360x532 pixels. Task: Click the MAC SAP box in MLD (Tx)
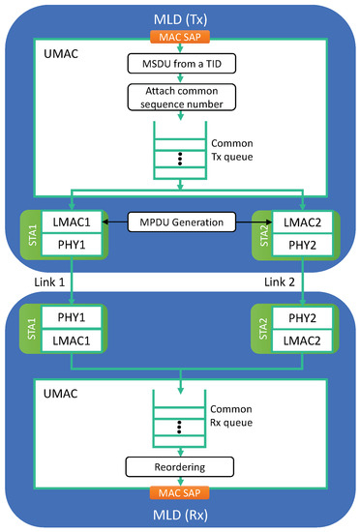pos(179,37)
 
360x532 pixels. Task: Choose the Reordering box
pos(180,467)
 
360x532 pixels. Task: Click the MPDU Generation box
pos(179,223)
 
